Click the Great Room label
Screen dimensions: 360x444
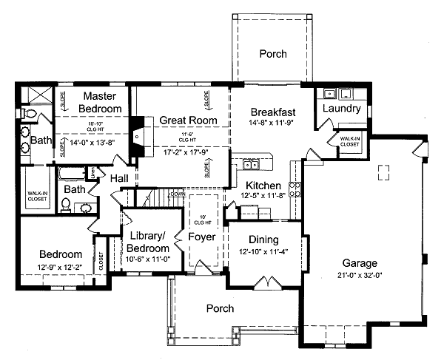pyautogui.click(x=189, y=120)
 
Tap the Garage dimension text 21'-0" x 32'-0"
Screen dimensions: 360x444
pyautogui.click(x=359, y=275)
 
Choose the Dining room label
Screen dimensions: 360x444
pyautogui.click(x=263, y=240)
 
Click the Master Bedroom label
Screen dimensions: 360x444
pyautogui.click(x=102, y=102)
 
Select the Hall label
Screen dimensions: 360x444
pyautogui.click(x=120, y=178)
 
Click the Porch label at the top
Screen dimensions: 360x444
pyautogui.click(x=272, y=54)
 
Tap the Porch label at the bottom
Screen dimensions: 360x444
pyautogui.click(x=220, y=308)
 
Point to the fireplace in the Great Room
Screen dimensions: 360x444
pyautogui.click(x=137, y=136)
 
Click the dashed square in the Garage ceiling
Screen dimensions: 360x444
pyautogui.click(x=383, y=172)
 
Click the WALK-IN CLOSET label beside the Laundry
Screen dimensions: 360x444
pyautogui.click(x=350, y=141)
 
